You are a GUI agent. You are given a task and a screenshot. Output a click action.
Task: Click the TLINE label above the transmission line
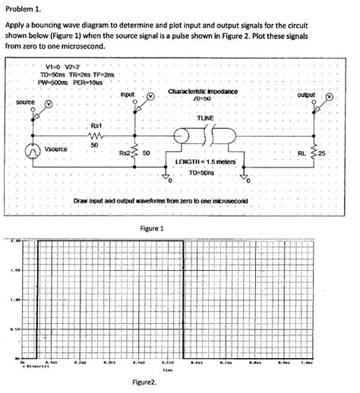pos(205,118)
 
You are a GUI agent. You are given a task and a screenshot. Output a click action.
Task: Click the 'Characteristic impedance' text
pos(202,90)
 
